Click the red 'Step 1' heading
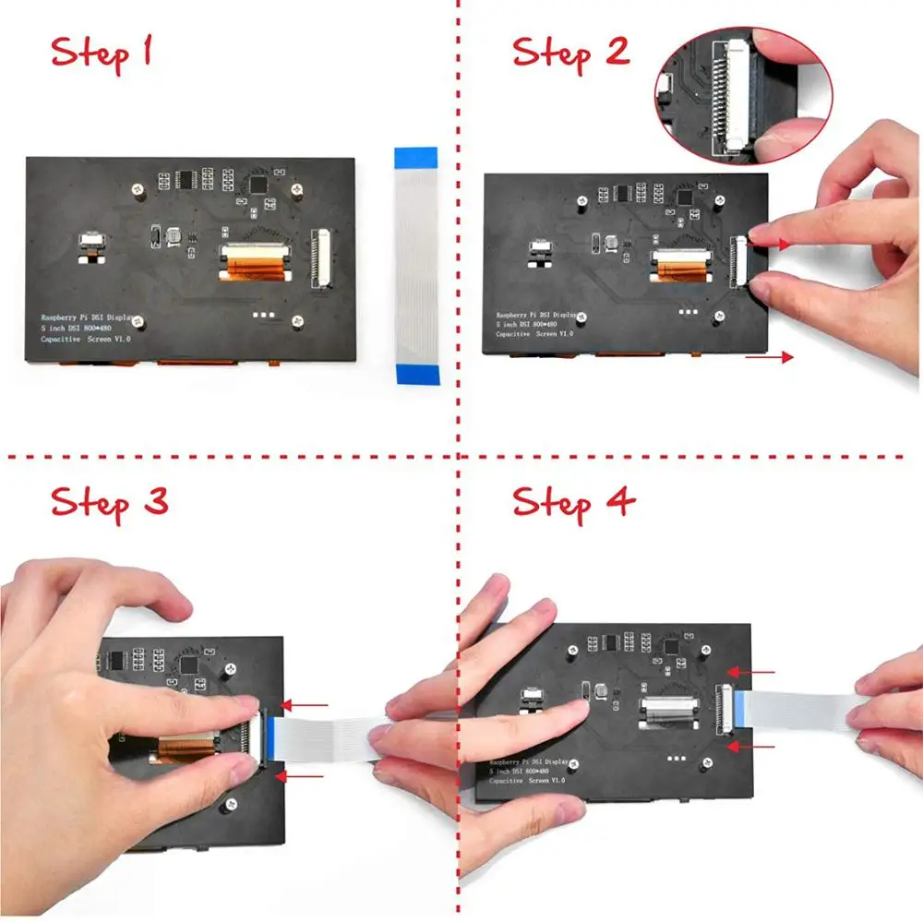(102, 53)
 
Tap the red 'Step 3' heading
(110, 504)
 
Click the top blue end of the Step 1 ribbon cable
(416, 157)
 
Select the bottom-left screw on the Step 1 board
(138, 322)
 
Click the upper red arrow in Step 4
(739, 672)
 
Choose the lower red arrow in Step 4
(739, 746)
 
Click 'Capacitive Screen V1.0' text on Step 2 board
(533, 334)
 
